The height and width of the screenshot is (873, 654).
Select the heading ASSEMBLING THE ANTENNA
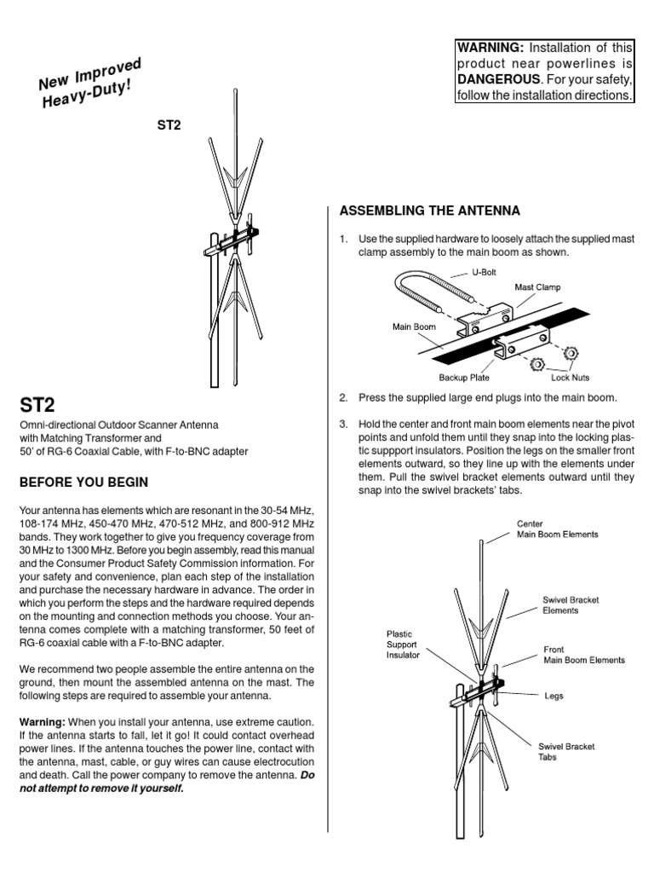429,211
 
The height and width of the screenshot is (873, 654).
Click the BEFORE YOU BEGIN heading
83,483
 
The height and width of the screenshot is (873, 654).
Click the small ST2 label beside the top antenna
169,124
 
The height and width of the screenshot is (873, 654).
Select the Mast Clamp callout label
537,287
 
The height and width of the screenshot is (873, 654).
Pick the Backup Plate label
464,376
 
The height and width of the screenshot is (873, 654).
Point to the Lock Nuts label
570,376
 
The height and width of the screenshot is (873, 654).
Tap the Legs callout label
554,696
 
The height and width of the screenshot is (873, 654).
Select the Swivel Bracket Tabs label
566,751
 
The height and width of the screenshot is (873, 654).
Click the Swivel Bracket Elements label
571,604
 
